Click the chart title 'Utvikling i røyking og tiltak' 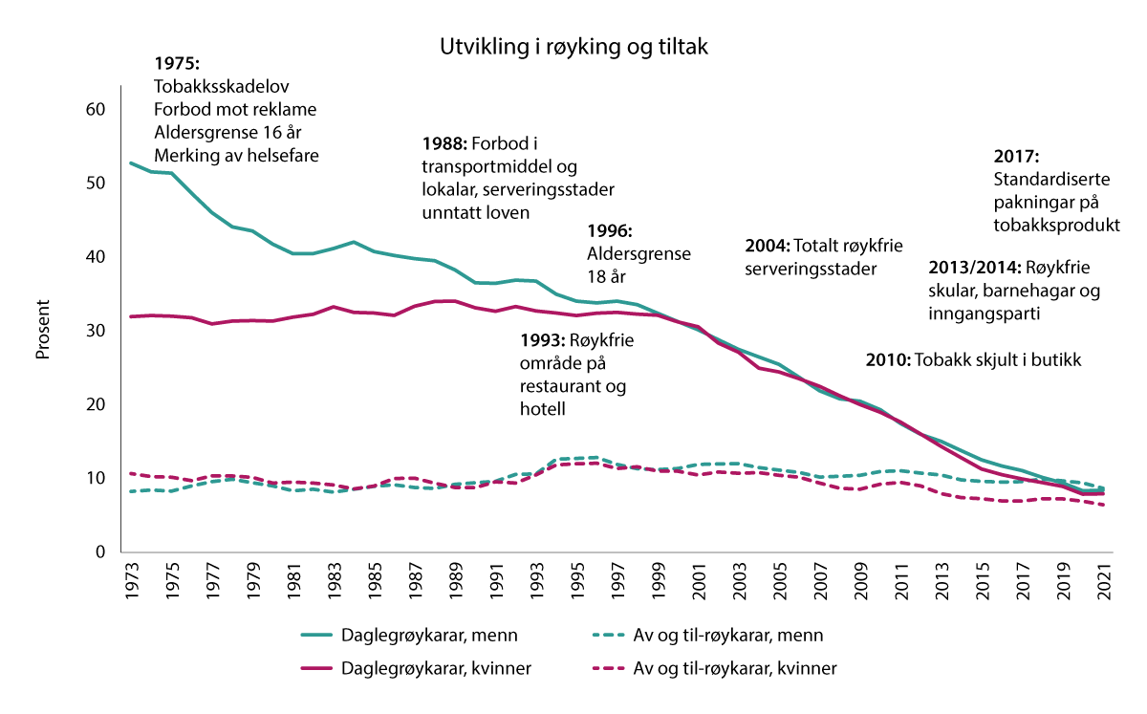[573, 47]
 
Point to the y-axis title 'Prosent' [42, 330]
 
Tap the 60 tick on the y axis [94, 109]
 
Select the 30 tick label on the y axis [94, 331]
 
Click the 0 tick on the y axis [98, 552]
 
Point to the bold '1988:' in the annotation [444, 143]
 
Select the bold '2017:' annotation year [1015, 157]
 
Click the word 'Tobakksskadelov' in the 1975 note [221, 85]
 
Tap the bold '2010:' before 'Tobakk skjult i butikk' [888, 360]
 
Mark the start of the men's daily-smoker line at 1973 [132, 163]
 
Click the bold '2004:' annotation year [767, 246]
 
